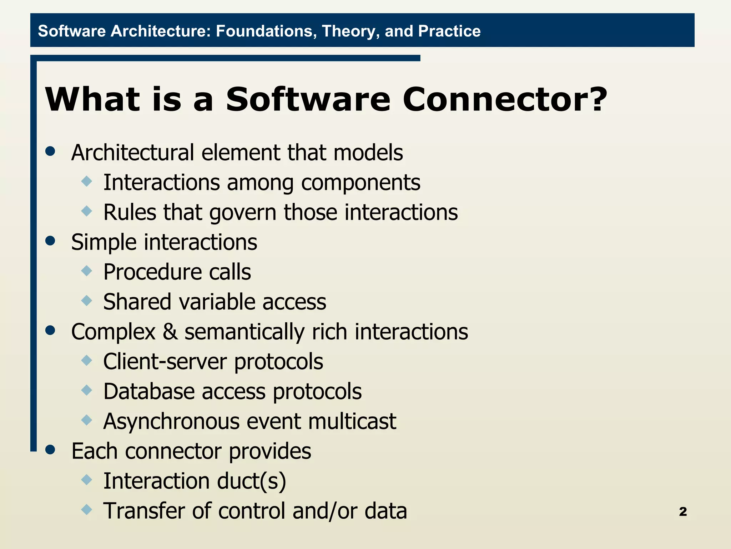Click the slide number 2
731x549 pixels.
pyautogui.click(x=683, y=511)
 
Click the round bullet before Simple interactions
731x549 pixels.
pyautogui.click(x=50, y=241)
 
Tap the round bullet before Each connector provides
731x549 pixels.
pyautogui.click(x=50, y=450)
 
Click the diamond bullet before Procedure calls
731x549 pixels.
pyautogui.click(x=87, y=271)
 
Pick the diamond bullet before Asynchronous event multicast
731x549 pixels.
pyautogui.click(x=87, y=420)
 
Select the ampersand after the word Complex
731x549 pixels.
pyautogui.click(x=170, y=332)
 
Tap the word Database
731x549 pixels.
pyautogui.click(x=149, y=391)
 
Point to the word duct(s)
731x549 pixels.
pyautogui.click(x=251, y=481)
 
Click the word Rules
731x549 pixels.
pyautogui.click(x=130, y=213)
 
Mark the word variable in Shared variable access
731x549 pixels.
pyautogui.click(x=217, y=302)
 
